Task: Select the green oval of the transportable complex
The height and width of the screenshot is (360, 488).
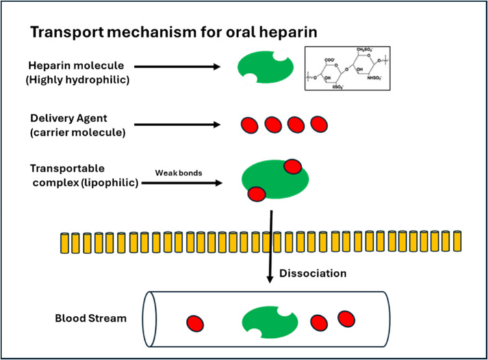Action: (275, 182)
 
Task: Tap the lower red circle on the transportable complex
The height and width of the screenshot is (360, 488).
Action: (257, 194)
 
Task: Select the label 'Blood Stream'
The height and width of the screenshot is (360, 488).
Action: (82, 320)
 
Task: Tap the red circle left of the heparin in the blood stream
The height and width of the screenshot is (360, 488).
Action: (194, 323)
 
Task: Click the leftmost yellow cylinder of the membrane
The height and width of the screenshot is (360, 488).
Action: (65, 242)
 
